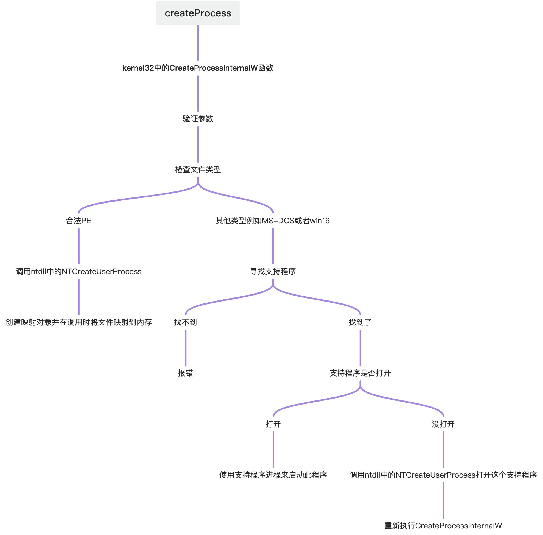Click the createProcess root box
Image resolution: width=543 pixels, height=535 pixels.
198,13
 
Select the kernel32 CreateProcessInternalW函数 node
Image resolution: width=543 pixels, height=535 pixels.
198,68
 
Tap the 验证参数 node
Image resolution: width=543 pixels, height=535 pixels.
198,119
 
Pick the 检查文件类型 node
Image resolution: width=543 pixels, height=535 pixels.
198,169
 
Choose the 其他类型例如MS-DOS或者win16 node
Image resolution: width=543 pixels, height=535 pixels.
273,221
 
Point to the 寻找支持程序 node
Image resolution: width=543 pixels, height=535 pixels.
273,271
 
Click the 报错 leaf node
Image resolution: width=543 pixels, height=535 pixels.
185,373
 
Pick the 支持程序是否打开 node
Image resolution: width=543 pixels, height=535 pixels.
360,373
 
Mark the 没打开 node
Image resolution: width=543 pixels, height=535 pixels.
443,424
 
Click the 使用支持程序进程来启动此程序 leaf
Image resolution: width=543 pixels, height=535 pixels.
273,475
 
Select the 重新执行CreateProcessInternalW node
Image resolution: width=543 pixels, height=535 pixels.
443,526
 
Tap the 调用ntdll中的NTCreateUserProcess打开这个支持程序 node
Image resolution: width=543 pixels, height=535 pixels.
443,475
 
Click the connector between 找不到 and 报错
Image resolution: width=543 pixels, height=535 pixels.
185,348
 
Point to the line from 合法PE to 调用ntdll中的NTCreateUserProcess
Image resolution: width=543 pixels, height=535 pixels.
79,246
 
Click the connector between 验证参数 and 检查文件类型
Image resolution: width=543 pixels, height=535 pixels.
198,144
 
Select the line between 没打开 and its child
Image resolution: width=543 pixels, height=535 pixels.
443,450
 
